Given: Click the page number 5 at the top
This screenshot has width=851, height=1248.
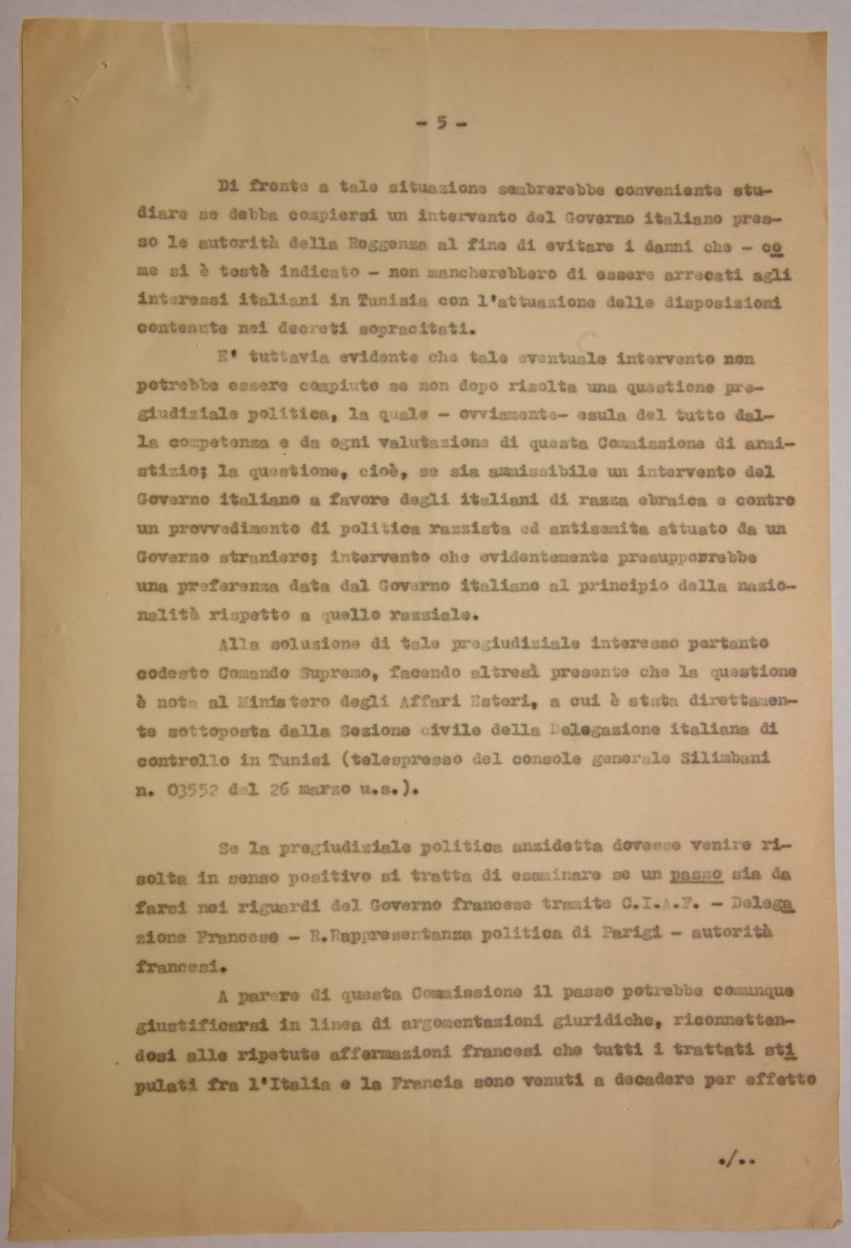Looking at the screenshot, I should (441, 123).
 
